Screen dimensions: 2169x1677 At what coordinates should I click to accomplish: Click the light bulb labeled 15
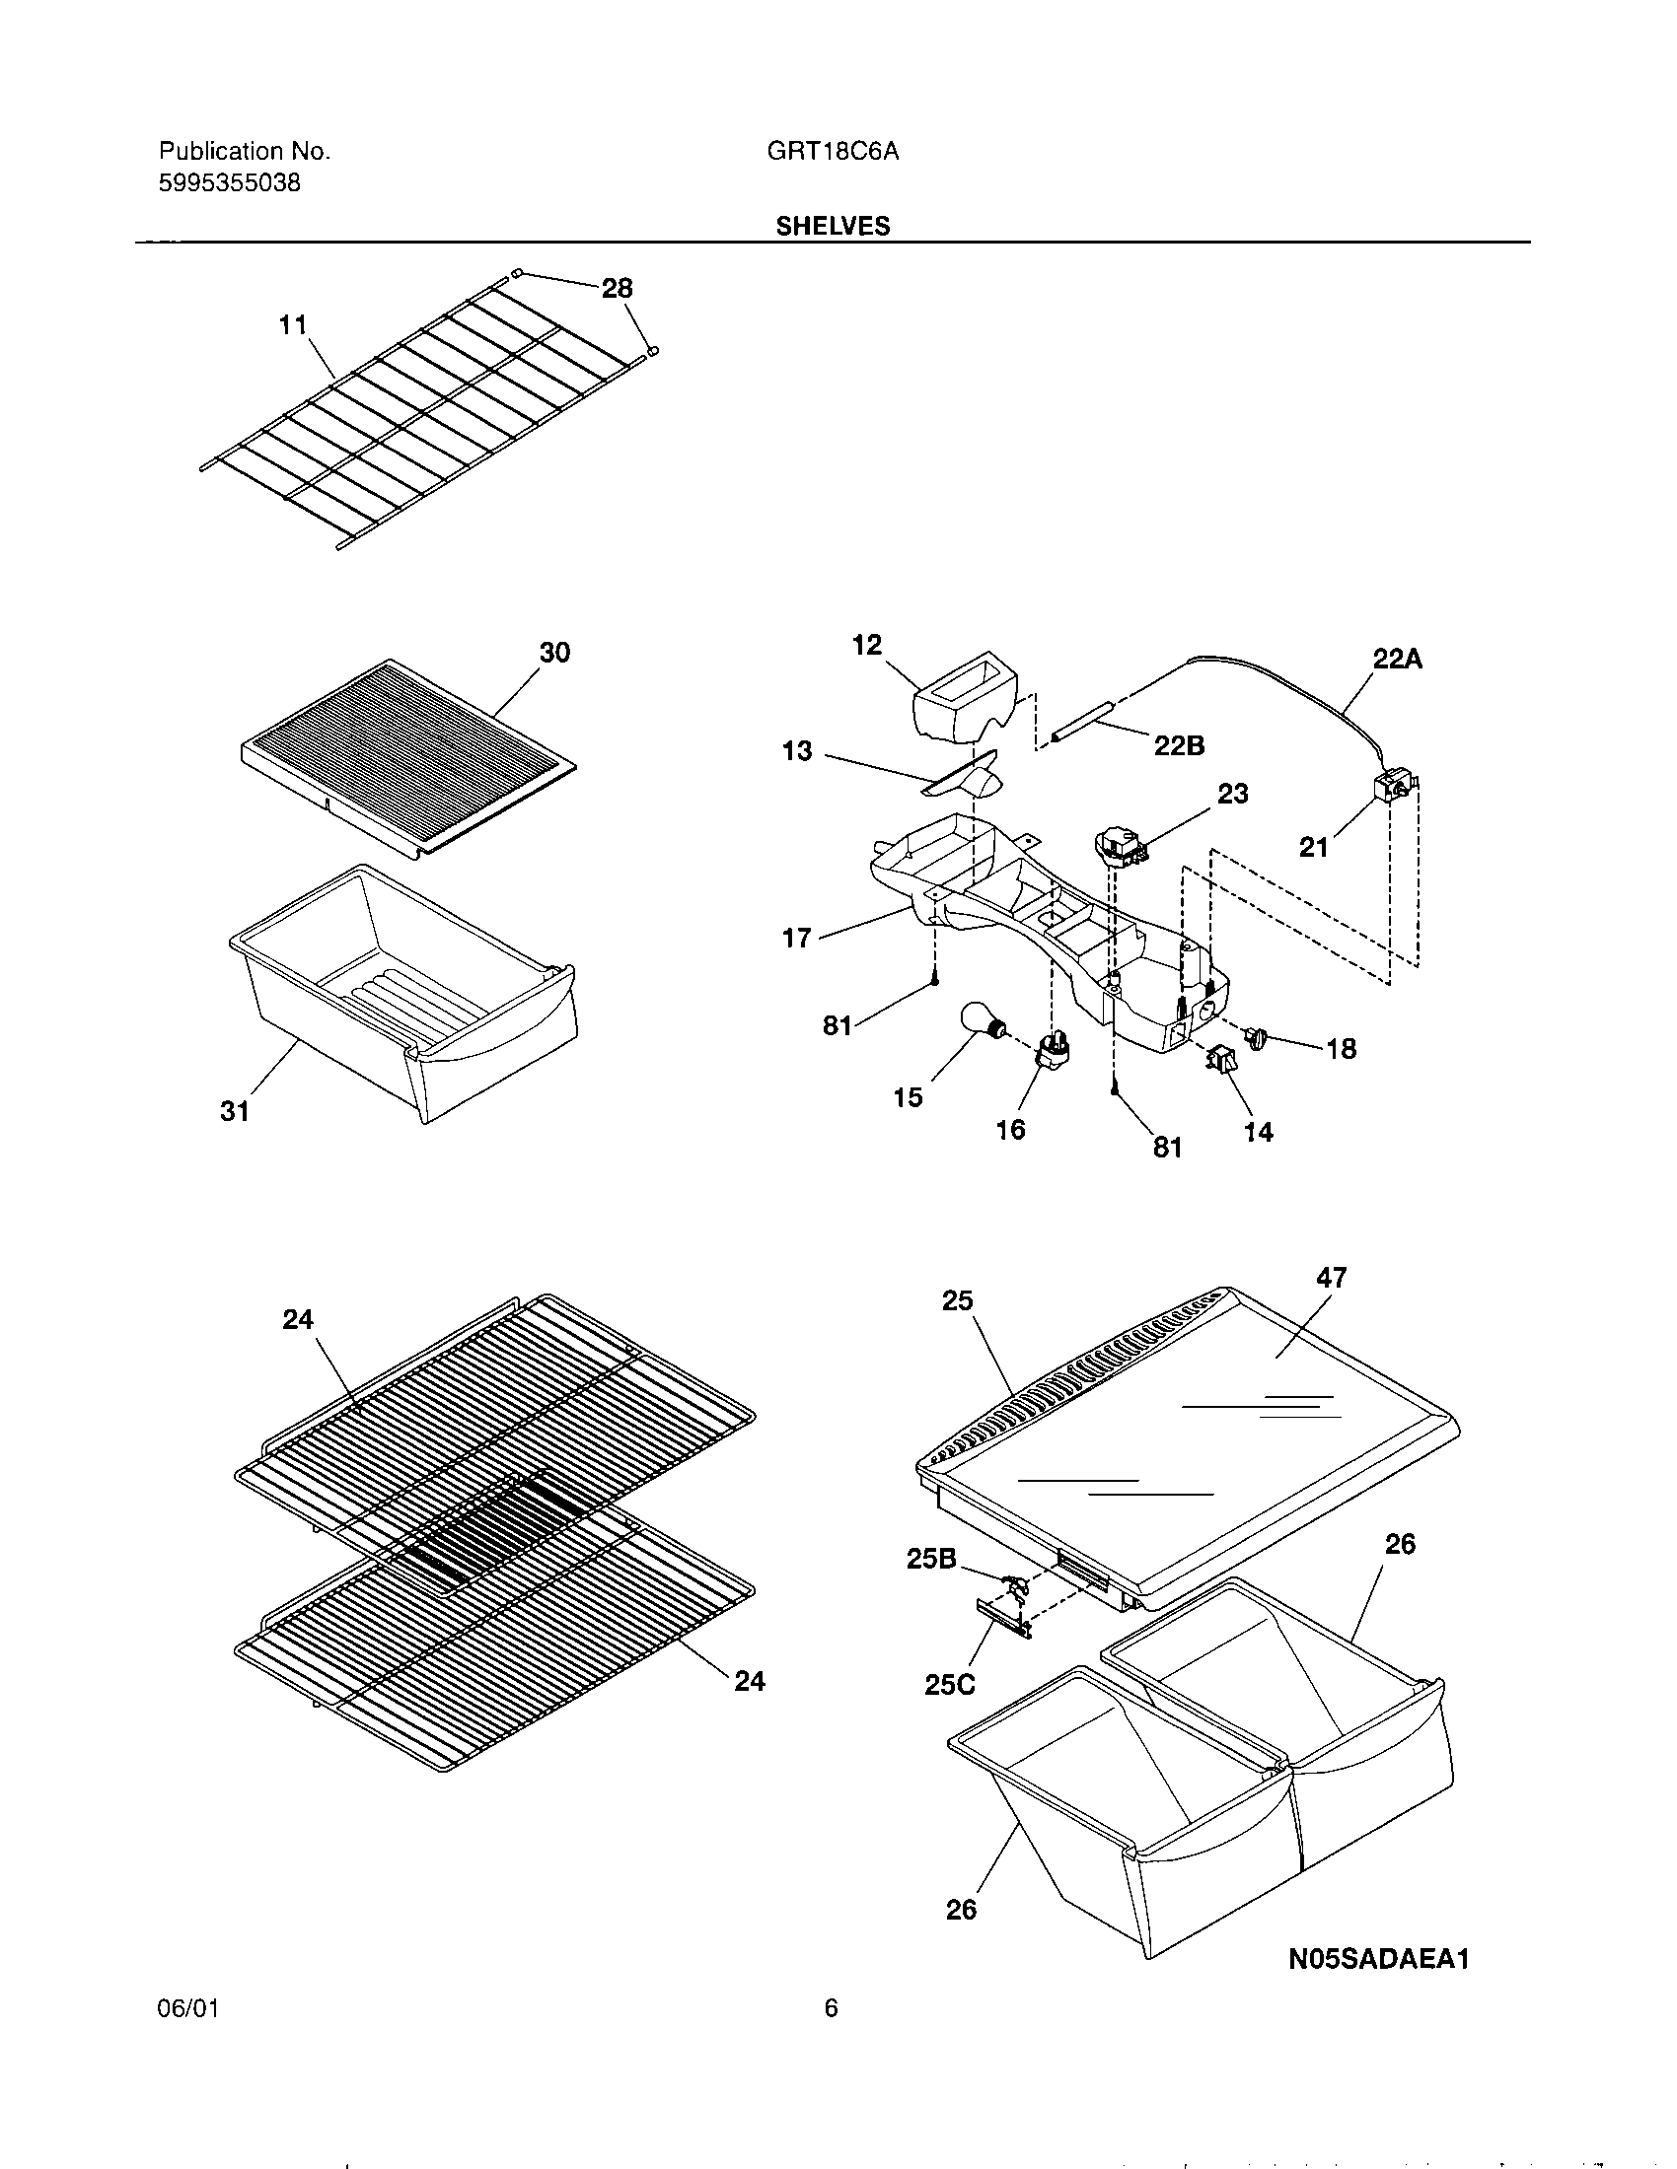(981, 1022)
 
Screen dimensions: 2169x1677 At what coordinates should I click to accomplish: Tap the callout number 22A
(1398, 659)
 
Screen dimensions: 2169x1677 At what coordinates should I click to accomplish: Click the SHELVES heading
(833, 227)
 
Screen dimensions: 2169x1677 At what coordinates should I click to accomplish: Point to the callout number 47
(1332, 1277)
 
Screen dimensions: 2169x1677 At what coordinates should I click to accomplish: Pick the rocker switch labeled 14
(1218, 1061)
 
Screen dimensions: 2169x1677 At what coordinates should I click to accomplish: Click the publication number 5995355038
(230, 183)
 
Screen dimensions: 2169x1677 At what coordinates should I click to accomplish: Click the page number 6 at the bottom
(831, 2008)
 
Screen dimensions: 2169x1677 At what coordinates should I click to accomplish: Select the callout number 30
(554, 653)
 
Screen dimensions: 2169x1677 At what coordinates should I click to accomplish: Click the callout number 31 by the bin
(235, 1111)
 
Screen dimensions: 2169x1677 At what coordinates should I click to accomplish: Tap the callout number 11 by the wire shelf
(292, 324)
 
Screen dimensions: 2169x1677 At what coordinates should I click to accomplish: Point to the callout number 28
(617, 288)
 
